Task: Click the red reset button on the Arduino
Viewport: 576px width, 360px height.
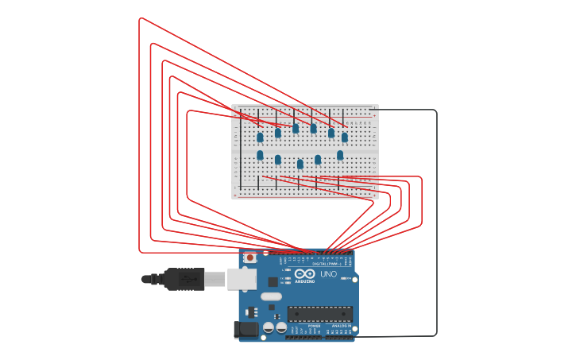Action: pyautogui.click(x=250, y=257)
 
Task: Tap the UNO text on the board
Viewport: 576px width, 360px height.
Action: pyautogui.click(x=328, y=274)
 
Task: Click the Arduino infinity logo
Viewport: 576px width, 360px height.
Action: pyautogui.click(x=305, y=274)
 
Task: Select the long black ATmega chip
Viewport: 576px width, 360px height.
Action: pyautogui.click(x=319, y=314)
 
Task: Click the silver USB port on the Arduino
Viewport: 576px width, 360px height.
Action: pyautogui.click(x=242, y=278)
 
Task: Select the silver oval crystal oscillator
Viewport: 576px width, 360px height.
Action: pyautogui.click(x=271, y=297)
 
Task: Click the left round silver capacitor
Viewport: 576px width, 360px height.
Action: pyautogui.click(x=269, y=327)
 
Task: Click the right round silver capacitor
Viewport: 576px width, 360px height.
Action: pyautogui.click(x=281, y=327)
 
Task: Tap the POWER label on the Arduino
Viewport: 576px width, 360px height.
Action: pyautogui.click(x=315, y=326)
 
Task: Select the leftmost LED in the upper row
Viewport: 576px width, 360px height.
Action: pyautogui.click(x=260, y=137)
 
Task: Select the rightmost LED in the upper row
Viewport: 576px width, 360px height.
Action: pyautogui.click(x=345, y=137)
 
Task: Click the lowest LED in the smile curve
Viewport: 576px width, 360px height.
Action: pyautogui.click(x=300, y=165)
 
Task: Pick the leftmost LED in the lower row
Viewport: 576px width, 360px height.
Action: pyautogui.click(x=260, y=155)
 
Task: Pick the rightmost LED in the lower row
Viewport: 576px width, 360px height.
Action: pyautogui.click(x=340, y=155)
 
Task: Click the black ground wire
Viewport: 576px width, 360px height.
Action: pyautogui.click(x=436, y=223)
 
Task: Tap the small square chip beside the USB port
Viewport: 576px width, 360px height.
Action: pyautogui.click(x=273, y=281)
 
